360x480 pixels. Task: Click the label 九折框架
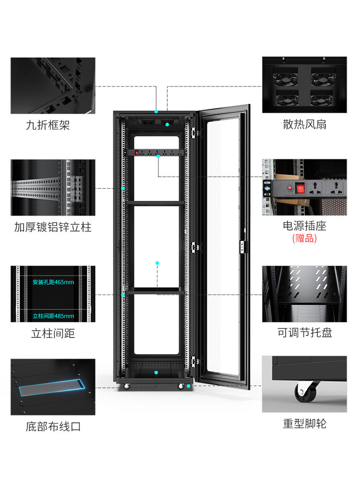pos(48,126)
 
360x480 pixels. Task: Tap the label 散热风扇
pos(304,125)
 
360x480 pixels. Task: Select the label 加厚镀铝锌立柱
pos(53,227)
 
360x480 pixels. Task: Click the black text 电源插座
pos(304,226)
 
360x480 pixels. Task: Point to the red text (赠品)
pos(304,239)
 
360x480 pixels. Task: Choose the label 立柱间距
pos(53,333)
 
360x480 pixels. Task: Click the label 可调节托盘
pos(304,333)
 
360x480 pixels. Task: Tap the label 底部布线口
pos(53,426)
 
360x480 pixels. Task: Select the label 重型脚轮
pos(304,424)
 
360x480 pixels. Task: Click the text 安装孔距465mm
pos(53,282)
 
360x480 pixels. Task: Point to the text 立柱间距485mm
pos(53,316)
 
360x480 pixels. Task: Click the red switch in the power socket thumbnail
pos(300,189)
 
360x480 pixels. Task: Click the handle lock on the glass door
pos(242,247)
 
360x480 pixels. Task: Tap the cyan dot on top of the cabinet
pos(156,111)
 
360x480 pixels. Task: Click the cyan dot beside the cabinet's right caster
pos(189,386)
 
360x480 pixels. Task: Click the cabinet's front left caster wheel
pos(127,386)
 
